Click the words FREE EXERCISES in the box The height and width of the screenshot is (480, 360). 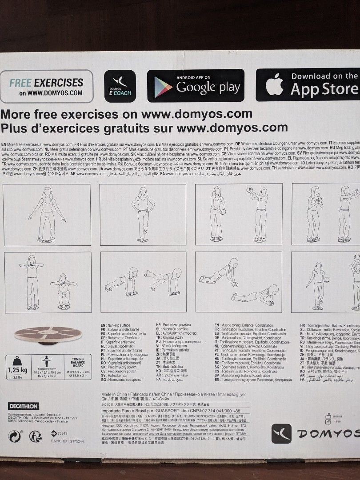point(46,82)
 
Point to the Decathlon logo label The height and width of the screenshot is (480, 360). point(24,406)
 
